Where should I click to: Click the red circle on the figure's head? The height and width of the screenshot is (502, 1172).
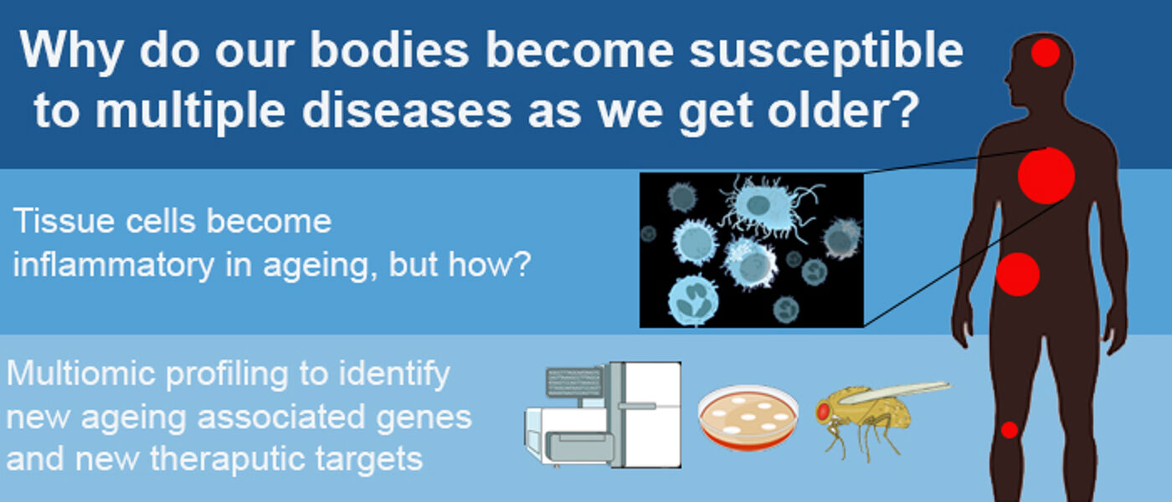(1046, 53)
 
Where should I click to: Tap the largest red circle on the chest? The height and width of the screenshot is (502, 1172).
(1046, 176)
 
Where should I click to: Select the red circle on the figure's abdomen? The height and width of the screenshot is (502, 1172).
(1018, 274)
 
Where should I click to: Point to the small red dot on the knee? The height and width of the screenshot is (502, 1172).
(1010, 430)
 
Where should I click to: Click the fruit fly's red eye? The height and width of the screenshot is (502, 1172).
(823, 412)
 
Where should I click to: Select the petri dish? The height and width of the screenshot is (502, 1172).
(748, 417)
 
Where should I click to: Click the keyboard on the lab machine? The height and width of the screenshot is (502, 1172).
(574, 382)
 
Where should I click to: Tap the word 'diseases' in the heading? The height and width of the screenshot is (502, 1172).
(407, 110)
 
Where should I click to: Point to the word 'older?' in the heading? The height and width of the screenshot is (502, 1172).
(843, 110)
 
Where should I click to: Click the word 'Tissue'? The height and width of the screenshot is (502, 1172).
(64, 221)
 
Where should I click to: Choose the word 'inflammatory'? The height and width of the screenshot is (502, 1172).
(114, 264)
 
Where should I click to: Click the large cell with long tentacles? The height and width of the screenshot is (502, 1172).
(769, 207)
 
